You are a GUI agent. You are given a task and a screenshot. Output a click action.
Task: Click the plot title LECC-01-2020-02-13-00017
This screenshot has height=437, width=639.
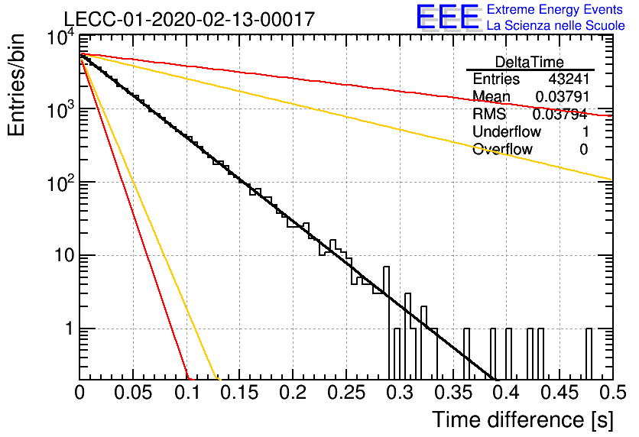point(190,19)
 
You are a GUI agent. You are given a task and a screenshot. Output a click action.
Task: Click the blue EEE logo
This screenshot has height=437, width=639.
point(448,17)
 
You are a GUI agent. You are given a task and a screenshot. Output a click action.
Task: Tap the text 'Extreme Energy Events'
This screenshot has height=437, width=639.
point(555,9)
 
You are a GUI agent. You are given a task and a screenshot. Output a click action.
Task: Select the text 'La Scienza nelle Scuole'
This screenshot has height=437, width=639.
point(556,25)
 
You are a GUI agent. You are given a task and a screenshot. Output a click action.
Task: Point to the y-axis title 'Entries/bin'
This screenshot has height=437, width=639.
point(16,86)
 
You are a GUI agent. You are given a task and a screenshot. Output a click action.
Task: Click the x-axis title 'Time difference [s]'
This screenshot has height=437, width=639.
point(523,420)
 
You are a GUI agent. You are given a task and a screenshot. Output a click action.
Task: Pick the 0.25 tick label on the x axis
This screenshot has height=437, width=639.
point(346,393)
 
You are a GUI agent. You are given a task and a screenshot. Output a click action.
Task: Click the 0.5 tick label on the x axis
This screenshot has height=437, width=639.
point(612,393)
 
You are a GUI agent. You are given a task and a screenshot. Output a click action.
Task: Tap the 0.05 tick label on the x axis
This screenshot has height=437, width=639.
point(133,393)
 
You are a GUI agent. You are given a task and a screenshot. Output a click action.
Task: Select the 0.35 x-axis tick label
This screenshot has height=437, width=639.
point(452,393)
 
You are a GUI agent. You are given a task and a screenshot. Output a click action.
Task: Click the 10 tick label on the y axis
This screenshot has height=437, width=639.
point(64,256)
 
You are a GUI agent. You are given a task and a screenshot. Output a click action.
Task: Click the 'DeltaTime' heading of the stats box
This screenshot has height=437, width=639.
point(530,62)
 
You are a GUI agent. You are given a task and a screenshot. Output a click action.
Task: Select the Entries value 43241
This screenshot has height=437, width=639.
point(569,79)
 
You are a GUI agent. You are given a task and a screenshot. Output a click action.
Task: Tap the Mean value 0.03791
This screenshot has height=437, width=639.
point(563,96)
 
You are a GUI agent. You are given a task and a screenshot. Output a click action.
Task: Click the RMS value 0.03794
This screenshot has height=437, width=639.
point(560,114)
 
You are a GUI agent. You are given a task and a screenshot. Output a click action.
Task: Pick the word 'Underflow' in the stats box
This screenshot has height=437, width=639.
point(506,131)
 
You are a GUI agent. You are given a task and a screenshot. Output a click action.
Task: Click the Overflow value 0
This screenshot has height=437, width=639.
point(584,150)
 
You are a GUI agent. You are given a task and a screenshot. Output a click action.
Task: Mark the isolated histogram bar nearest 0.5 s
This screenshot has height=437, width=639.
point(589,354)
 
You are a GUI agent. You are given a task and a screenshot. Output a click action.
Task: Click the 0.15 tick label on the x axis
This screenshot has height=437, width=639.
point(240,393)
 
